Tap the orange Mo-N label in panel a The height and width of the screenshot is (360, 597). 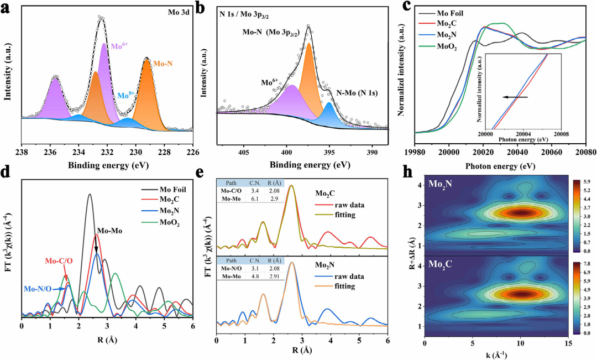click(x=163, y=64)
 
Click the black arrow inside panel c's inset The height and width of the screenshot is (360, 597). click(x=515, y=97)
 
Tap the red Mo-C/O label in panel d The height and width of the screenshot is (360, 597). click(x=58, y=261)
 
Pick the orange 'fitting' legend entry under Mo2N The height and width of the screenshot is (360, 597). click(x=344, y=288)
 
